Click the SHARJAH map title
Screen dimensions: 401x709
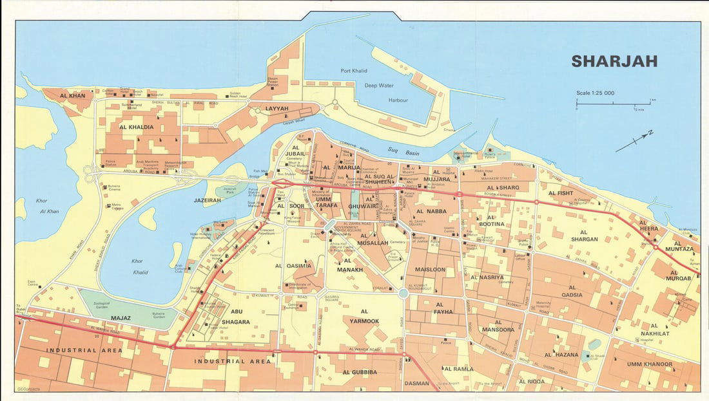[x=614, y=61]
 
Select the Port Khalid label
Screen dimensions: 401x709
[x=354, y=71]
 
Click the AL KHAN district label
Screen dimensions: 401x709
[x=72, y=96]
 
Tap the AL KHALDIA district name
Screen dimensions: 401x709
[x=137, y=127]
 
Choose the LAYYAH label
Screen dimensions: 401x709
[x=278, y=109]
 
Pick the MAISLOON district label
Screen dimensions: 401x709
[x=430, y=269]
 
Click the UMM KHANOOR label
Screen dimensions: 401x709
[x=649, y=364]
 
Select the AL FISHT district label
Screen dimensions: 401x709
[x=560, y=192]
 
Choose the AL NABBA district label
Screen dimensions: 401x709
[x=432, y=211]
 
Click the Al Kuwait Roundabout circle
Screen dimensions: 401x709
[x=403, y=294]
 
